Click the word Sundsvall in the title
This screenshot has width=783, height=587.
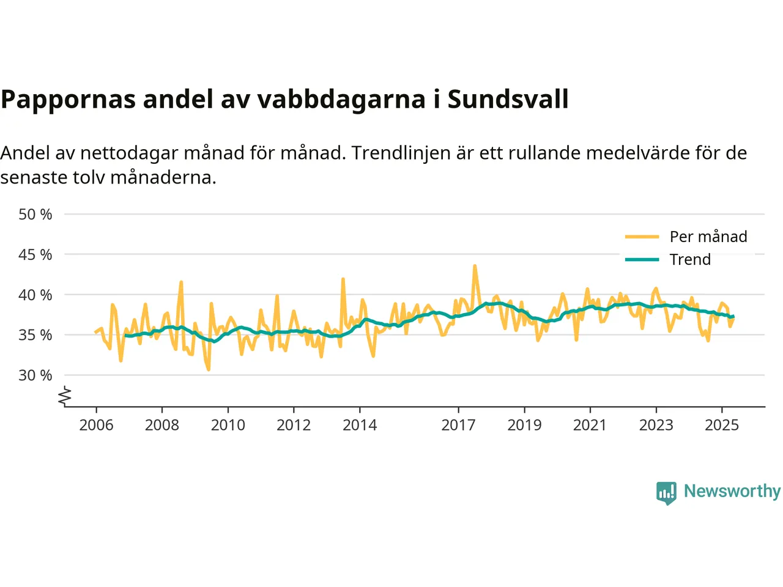coord(508,99)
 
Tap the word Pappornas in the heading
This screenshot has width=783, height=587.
coord(68,99)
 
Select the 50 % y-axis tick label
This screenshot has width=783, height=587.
coord(35,215)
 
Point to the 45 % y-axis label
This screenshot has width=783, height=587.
coord(35,254)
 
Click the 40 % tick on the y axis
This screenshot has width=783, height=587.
coord(35,295)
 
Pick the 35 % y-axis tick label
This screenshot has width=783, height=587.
coord(35,335)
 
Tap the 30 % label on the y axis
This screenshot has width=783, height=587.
coord(35,375)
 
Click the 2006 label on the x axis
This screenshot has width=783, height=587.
coord(96,425)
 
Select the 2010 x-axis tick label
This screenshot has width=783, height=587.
coord(228,425)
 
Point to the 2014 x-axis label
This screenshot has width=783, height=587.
coord(360,425)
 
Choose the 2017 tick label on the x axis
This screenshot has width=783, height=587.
coord(458,425)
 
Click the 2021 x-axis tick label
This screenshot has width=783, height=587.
coord(590,425)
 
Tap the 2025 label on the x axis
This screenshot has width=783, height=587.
coord(722,425)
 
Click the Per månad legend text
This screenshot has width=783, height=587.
coord(708,237)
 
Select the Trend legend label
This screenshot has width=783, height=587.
coord(690,259)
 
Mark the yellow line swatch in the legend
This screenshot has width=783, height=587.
coord(642,237)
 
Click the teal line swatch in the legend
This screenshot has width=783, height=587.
coord(642,259)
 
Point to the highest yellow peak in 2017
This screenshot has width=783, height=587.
coord(475,266)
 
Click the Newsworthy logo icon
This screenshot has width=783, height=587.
coord(666,492)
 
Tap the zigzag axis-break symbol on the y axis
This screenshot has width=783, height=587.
coord(65,397)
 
